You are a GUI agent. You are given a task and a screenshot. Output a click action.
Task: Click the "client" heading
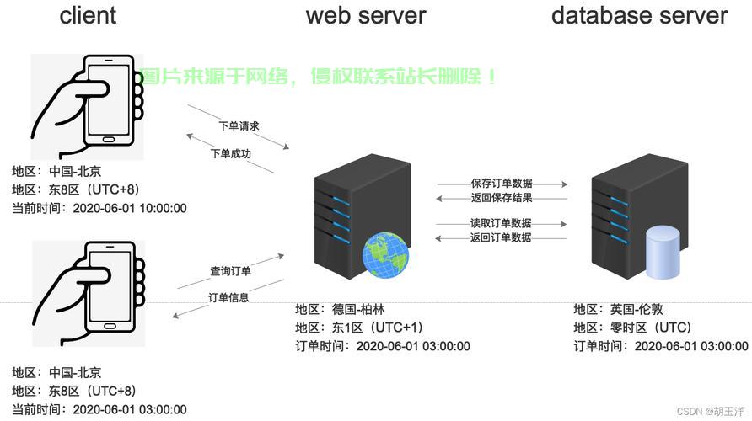[88, 15]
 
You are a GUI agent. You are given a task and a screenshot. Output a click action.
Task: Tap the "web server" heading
[366, 15]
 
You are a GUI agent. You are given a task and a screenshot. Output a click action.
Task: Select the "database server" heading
[639, 15]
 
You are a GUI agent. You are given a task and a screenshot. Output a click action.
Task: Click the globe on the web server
[385, 254]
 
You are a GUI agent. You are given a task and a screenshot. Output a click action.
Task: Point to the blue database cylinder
[663, 253]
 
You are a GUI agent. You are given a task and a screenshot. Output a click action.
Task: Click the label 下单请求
[239, 126]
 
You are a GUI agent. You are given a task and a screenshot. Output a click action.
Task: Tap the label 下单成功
[231, 154]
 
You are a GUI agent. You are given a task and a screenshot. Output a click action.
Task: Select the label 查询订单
[230, 271]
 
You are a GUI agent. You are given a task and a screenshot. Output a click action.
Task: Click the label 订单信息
[228, 298]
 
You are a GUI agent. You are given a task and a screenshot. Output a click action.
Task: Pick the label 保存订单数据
[502, 184]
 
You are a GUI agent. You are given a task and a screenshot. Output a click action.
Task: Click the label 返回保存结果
[502, 198]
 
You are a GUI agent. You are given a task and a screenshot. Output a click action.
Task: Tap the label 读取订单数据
[501, 223]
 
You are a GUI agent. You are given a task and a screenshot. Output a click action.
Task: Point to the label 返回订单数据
[501, 237]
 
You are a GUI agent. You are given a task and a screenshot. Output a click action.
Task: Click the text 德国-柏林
[358, 309]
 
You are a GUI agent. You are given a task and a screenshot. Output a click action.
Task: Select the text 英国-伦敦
[637, 309]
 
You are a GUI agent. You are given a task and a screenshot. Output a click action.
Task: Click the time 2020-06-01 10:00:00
[130, 208]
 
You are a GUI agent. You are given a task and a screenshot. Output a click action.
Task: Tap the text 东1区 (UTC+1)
[378, 328]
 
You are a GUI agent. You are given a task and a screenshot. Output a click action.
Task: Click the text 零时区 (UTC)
[651, 328]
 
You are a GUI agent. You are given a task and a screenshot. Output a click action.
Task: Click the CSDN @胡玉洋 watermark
[711, 412]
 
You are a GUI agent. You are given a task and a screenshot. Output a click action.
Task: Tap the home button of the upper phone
[109, 140]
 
